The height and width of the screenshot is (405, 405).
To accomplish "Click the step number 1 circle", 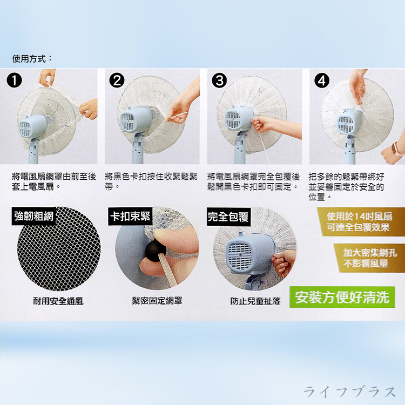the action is click(x=15, y=80).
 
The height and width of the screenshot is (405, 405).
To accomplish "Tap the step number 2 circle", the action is click(x=117, y=80).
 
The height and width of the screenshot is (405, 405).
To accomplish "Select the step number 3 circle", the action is click(x=219, y=80).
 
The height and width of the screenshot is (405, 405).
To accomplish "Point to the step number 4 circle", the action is click(x=322, y=80).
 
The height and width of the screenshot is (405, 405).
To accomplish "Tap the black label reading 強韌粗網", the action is click(x=34, y=216).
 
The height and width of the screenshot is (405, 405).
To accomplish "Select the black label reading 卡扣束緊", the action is click(x=130, y=216).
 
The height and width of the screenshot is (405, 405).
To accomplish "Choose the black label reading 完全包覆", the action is click(x=228, y=217).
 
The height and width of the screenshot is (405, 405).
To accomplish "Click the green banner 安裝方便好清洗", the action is click(x=342, y=297).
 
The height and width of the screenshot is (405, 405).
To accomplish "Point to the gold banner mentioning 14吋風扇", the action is click(x=360, y=221).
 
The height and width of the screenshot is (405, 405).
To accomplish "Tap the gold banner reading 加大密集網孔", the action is click(x=369, y=258).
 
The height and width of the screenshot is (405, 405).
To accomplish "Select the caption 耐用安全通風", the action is click(x=58, y=301).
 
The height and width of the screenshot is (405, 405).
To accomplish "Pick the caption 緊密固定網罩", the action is click(x=157, y=301).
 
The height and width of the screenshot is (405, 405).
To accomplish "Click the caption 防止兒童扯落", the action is click(x=255, y=301).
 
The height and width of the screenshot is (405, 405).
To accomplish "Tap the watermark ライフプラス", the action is click(x=349, y=391).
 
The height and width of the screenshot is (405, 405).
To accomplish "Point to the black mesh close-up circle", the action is click(x=59, y=249).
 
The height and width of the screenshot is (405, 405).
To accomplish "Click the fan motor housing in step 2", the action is click(x=136, y=119).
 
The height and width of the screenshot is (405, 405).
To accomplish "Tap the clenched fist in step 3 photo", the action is click(x=260, y=124).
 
